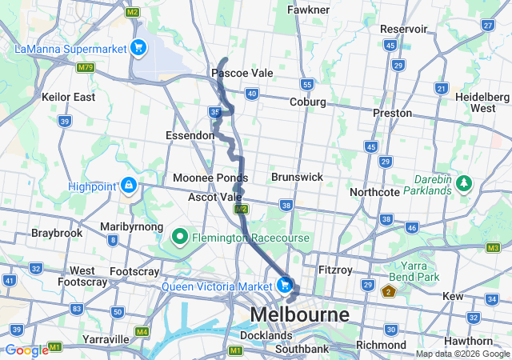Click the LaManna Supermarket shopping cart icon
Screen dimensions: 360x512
[x=138, y=48]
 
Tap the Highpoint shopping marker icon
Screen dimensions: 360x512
[x=128, y=186]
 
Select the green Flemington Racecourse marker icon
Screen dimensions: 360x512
[x=180, y=237]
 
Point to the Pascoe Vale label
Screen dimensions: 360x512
[x=242, y=73]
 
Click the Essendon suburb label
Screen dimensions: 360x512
[x=190, y=135]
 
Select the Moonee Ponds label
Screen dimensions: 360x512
[x=210, y=177]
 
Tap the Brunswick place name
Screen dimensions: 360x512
[x=297, y=176]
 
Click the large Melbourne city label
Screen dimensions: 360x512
[x=299, y=314]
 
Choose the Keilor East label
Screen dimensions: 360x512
[x=69, y=97]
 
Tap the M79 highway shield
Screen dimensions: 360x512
[x=86, y=67]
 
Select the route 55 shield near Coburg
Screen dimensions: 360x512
[x=306, y=84]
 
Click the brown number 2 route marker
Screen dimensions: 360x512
[x=389, y=291]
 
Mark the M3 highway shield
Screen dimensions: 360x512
[x=493, y=247]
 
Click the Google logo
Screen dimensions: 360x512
[x=26, y=350]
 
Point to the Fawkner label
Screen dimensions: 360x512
[x=308, y=10]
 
